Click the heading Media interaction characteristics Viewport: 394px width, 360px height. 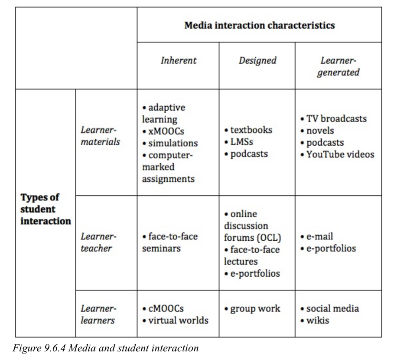pos(260,26)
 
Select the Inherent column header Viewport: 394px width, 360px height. pos(179,60)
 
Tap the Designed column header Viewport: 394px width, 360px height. pos(257,61)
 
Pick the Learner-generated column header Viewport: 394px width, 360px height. pos(338,66)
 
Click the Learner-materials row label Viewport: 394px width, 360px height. pos(100,136)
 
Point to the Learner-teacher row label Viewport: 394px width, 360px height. pos(98,242)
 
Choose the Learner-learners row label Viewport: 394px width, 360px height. pos(98,314)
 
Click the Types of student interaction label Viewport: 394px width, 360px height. pos(46,209)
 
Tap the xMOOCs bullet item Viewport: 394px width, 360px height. pos(163,131)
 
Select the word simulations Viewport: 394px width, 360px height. pos(173,143)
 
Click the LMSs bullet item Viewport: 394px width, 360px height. pos(239,142)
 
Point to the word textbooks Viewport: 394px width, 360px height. pos(251,130)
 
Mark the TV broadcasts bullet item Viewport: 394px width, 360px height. pos(334,119)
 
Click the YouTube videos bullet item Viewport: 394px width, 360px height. pos(338,154)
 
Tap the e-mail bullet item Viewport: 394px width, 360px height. pos(316,236)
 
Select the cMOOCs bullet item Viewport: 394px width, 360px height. pos(163,308)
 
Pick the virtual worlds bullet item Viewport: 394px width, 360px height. pos(176,321)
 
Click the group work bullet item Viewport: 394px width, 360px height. pos(252,309)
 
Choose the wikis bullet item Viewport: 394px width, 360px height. pos(315,321)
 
